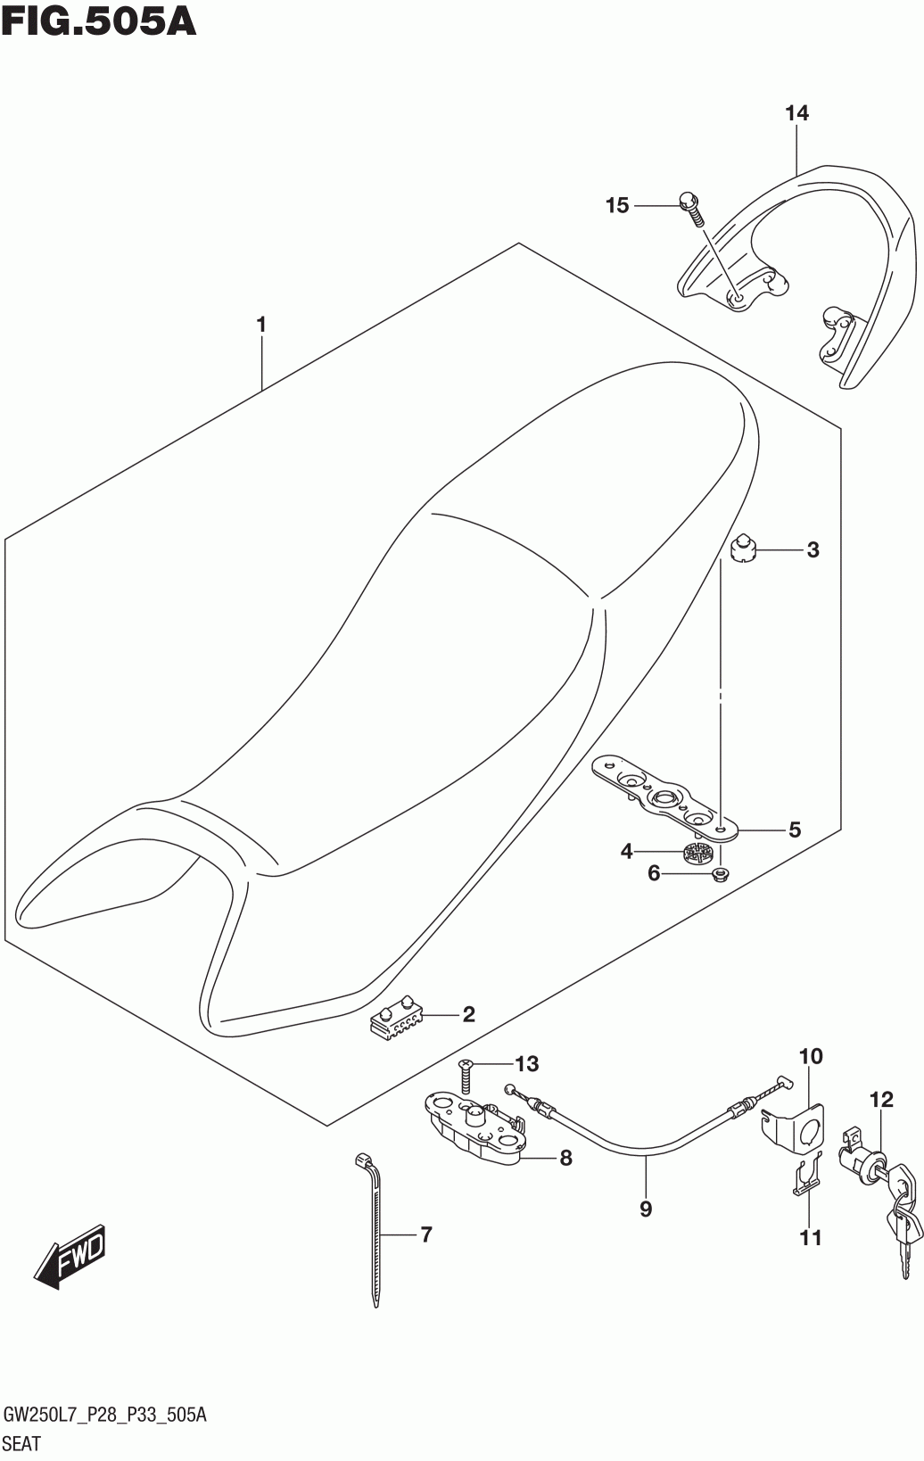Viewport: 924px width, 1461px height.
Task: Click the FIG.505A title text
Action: tap(99, 21)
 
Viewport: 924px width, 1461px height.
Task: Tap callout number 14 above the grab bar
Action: tap(796, 113)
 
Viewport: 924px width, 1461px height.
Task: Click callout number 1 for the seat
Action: tap(261, 326)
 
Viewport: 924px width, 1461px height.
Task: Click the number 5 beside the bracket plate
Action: tap(794, 830)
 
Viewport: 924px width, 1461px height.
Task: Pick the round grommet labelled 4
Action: tap(697, 853)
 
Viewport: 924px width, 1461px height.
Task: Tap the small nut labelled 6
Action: tap(720, 875)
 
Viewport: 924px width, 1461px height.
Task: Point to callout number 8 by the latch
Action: tap(565, 1158)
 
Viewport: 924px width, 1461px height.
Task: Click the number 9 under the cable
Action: tap(646, 1209)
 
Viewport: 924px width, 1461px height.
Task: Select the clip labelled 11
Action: tap(805, 1177)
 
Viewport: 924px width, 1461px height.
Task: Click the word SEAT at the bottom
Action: tap(21, 1441)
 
